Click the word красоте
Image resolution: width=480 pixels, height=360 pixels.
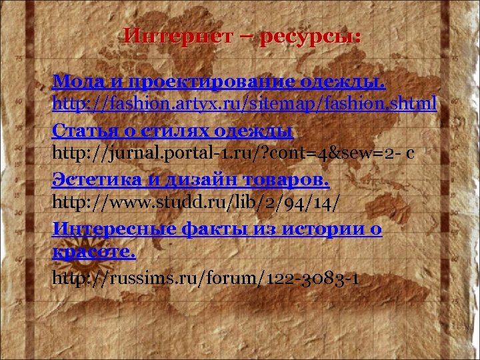pos(93,253)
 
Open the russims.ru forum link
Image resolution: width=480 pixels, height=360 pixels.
pos(207,276)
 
